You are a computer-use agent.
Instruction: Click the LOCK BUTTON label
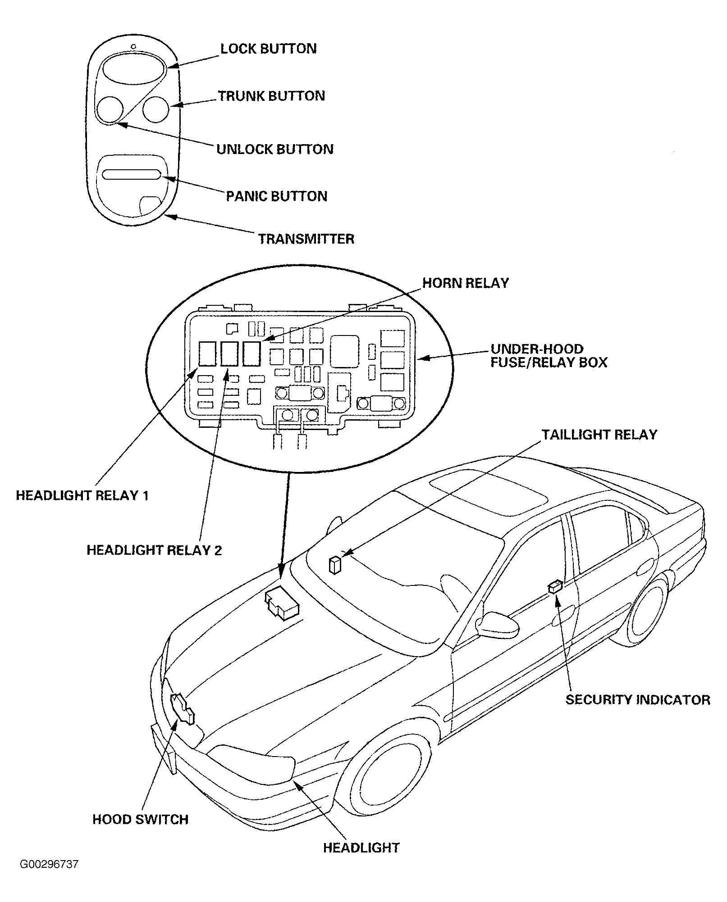[268, 49]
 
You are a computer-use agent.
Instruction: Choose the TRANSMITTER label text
[306, 239]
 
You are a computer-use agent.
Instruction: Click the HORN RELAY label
[466, 283]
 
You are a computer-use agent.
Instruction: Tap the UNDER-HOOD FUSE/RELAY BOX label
[549, 356]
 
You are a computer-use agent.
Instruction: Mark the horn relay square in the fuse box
[251, 354]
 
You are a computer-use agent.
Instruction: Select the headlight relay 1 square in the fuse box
[207, 354]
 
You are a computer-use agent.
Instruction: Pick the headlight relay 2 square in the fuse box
[229, 354]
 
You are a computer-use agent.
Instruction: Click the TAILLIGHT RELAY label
[599, 435]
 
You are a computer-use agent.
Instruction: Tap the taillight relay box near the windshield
[335, 566]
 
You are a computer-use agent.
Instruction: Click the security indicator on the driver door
[555, 586]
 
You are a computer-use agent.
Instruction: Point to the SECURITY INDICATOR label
[638, 700]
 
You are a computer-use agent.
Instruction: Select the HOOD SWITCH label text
[140, 819]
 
